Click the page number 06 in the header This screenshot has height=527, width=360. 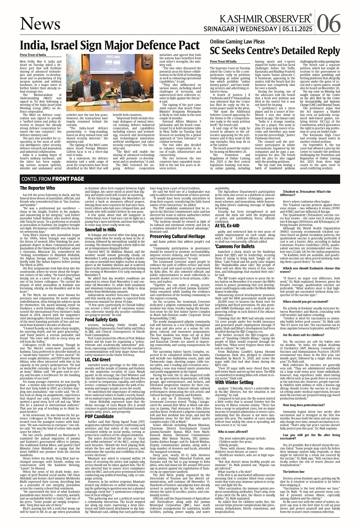329,23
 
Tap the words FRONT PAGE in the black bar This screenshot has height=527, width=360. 68,179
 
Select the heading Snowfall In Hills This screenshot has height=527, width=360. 100,230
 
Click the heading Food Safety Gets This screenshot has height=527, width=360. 101,320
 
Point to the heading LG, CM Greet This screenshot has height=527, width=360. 98,359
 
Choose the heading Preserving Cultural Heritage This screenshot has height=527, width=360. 177,236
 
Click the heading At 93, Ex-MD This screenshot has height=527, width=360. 227,226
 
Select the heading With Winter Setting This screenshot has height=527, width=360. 234,382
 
